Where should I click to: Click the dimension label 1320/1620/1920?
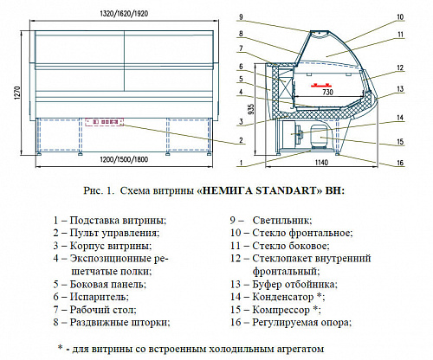[x=124, y=14]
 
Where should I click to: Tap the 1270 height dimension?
[x=17, y=93]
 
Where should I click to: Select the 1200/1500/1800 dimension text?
[x=124, y=159]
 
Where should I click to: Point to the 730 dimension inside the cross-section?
[x=327, y=92]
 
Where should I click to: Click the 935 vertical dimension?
[x=251, y=109]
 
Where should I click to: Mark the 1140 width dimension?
[x=321, y=163]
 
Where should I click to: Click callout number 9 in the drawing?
[x=241, y=17]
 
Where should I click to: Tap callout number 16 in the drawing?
[x=400, y=163]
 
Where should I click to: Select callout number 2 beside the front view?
[x=241, y=141]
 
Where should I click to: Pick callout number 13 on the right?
[x=400, y=89]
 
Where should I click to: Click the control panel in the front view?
[x=104, y=122]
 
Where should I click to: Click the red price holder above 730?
[x=320, y=85]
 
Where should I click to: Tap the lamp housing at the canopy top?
[x=320, y=33]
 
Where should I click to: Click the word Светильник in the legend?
[x=282, y=221]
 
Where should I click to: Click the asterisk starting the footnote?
[x=60, y=347]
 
